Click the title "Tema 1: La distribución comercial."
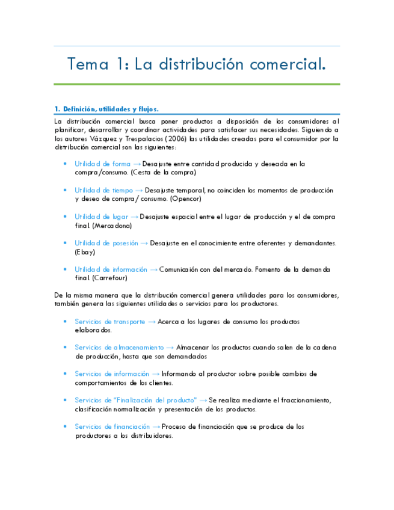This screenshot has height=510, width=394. [x=197, y=64]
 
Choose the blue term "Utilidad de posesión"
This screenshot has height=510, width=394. [x=106, y=243]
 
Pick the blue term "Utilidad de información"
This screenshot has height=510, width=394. [x=111, y=269]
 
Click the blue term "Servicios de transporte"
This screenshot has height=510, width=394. [x=109, y=322]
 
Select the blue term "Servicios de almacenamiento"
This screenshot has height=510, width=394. [x=119, y=348]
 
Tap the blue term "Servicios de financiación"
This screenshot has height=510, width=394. [x=112, y=426]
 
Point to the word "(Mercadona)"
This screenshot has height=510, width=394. [x=112, y=226]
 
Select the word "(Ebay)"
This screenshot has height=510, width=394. [x=85, y=252]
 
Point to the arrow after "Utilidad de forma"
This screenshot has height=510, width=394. [x=137, y=164]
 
